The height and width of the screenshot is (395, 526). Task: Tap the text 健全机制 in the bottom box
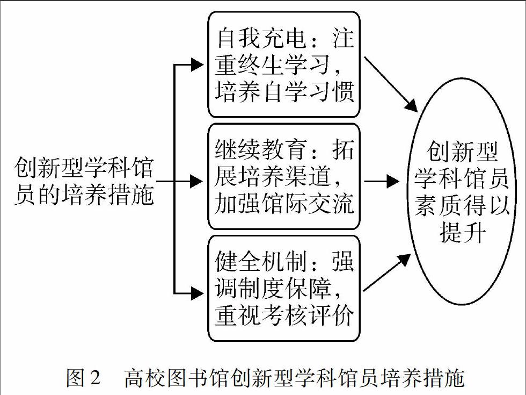(261, 261)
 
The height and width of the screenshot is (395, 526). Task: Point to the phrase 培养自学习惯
(284, 91)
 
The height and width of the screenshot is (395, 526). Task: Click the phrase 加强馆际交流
(284, 203)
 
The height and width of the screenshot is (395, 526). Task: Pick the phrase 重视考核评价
(284, 315)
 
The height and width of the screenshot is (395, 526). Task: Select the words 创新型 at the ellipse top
(462, 152)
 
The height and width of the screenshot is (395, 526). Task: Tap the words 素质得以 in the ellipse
(462, 205)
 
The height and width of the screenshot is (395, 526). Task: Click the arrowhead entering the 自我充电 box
(198, 64)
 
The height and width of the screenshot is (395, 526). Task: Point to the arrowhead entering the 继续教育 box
(198, 182)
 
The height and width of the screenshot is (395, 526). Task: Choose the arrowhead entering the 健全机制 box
(198, 293)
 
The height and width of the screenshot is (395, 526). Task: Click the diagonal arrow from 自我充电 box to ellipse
(391, 84)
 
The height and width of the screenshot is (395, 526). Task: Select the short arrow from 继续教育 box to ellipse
(382, 182)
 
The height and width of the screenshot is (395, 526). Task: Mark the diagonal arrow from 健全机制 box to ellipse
(387, 272)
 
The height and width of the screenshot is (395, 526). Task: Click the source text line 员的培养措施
(84, 194)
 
